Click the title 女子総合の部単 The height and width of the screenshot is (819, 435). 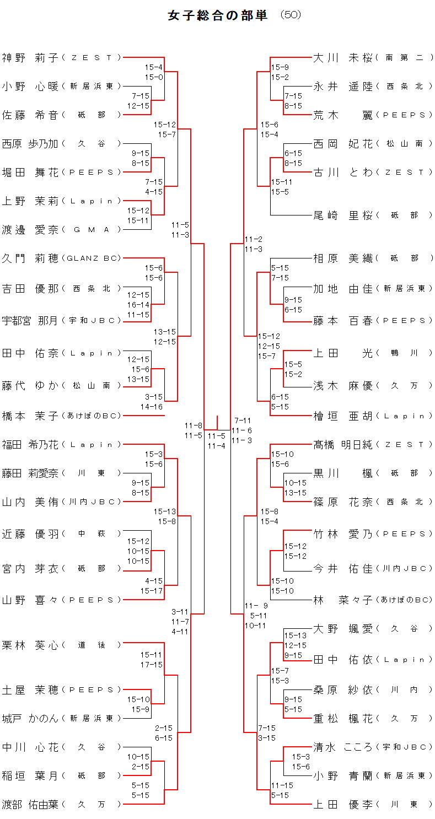click(x=217, y=15)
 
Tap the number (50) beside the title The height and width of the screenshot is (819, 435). click(x=291, y=15)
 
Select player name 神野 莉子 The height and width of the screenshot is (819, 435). click(x=30, y=57)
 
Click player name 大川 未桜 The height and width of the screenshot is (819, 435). click(x=343, y=57)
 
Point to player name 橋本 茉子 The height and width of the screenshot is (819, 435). click(x=30, y=416)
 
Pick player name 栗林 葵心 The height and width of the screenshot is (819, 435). click(x=30, y=644)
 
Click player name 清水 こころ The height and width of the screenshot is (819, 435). click(x=343, y=747)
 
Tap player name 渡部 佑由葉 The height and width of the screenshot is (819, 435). click(x=30, y=804)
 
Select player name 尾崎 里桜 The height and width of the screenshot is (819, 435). click(x=343, y=215)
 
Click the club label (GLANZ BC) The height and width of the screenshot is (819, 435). click(x=92, y=258)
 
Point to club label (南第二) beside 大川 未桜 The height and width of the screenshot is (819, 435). click(x=404, y=57)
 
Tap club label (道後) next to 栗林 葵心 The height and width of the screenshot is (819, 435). click(x=92, y=645)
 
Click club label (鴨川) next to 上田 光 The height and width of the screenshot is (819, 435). click(x=404, y=353)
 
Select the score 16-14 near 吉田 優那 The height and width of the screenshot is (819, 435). click(x=138, y=305)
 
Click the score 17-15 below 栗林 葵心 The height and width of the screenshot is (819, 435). click(x=152, y=665)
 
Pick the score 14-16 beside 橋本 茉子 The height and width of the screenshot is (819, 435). click(x=152, y=407)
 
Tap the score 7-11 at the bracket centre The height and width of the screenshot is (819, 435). click(x=243, y=421)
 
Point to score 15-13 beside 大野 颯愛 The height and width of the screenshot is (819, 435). click(x=296, y=635)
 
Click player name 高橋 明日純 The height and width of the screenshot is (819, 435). click(x=343, y=444)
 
